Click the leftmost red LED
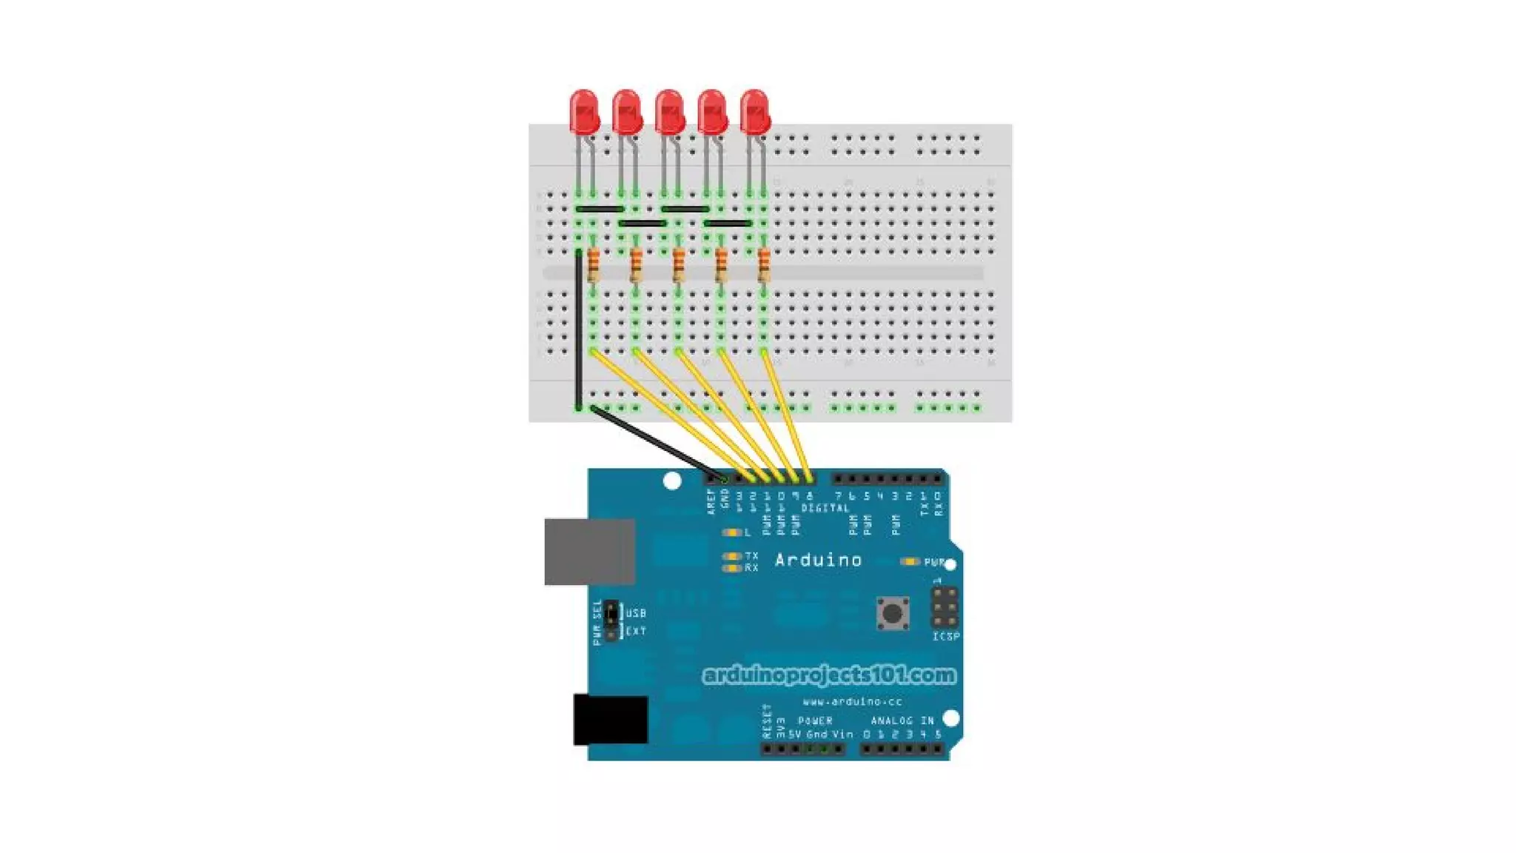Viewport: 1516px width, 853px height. [x=584, y=112]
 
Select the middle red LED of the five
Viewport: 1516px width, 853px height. [x=669, y=112]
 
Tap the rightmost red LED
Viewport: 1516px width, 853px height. [x=754, y=112]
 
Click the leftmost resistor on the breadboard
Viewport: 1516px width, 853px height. [x=593, y=265]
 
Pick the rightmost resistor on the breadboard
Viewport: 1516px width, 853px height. [x=764, y=265]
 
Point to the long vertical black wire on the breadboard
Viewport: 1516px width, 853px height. [x=579, y=330]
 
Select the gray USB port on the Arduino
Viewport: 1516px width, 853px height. [x=589, y=552]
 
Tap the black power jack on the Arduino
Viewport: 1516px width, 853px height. [x=611, y=720]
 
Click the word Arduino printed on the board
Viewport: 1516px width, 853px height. [x=818, y=561]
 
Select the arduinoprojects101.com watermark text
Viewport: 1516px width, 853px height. [x=829, y=675]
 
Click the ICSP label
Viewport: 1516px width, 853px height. [x=945, y=637]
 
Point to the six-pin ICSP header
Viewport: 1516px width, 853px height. [x=945, y=607]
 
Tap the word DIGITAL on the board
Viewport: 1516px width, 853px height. [x=825, y=508]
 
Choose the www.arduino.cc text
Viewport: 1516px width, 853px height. [x=852, y=701]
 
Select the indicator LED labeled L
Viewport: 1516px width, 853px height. [x=731, y=532]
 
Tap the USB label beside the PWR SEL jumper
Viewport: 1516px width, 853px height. [x=636, y=613]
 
